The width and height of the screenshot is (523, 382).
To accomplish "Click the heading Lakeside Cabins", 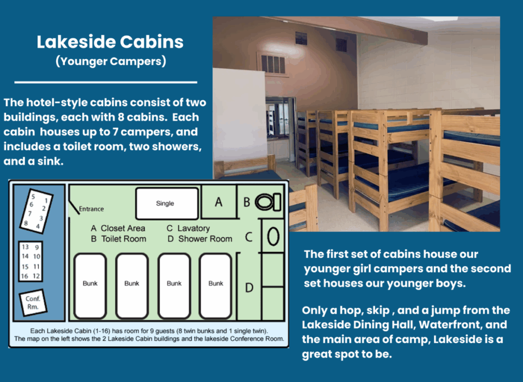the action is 110,42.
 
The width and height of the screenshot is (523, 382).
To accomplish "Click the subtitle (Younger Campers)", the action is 111,61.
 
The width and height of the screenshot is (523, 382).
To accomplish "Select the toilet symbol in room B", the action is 268,202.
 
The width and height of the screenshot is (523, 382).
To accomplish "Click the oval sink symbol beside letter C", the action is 273,236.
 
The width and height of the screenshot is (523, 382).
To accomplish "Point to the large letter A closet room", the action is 219,202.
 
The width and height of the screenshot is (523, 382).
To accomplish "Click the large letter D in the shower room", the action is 249,288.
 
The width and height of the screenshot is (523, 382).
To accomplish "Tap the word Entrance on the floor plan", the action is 91,209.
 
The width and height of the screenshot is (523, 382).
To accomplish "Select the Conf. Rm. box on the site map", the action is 33,303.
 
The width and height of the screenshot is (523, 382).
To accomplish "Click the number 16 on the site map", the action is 25,276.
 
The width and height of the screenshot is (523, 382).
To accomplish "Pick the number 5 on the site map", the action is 33,197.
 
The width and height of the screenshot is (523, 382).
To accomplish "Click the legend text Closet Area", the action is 123,228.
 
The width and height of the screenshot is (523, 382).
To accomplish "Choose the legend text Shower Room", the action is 205,239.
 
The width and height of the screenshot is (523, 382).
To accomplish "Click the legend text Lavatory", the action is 194,228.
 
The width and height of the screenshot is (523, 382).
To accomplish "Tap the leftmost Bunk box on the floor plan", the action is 90,286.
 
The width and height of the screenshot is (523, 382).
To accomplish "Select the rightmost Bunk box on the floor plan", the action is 216,286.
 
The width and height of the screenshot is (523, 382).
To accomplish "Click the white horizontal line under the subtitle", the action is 106,82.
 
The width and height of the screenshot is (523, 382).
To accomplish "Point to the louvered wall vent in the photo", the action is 273,64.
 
